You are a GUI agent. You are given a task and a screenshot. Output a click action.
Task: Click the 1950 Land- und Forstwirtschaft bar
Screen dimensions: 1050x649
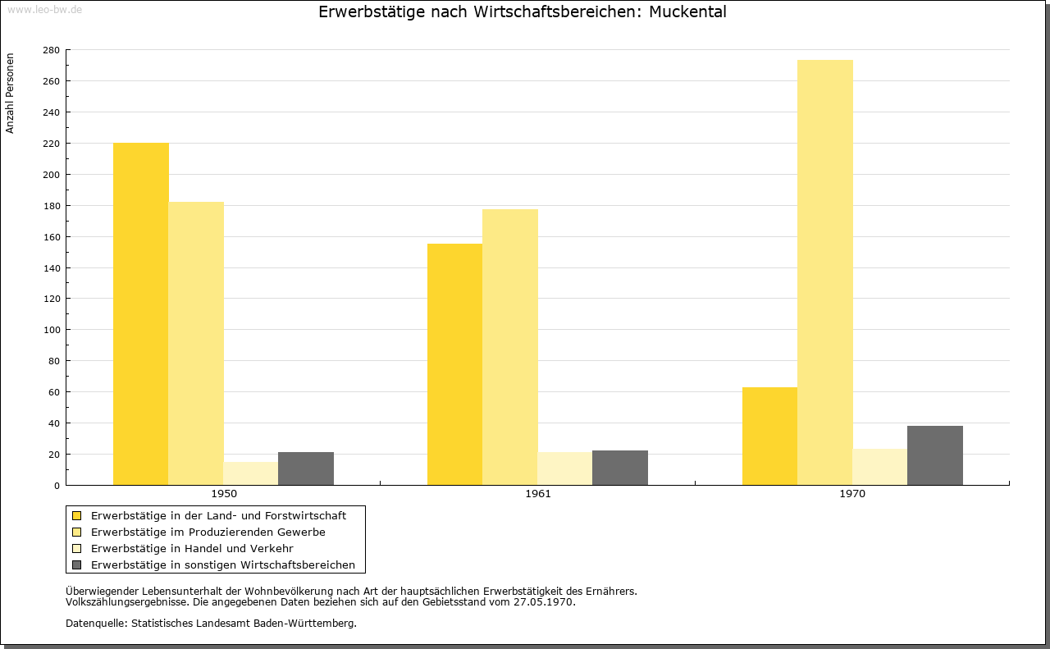140,313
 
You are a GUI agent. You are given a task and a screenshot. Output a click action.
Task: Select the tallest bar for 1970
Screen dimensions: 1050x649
825,272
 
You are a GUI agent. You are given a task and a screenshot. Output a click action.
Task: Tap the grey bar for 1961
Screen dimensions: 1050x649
620,468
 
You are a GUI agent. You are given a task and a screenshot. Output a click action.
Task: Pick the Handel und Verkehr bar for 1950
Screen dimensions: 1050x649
251,473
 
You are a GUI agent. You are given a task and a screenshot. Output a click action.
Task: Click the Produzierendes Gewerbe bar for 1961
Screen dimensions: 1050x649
510,347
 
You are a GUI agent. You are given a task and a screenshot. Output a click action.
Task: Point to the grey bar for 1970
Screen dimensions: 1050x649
934,455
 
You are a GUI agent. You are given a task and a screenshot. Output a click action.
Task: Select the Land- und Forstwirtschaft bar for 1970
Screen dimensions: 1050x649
769,436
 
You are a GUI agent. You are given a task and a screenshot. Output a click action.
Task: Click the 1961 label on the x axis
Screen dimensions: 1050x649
538,494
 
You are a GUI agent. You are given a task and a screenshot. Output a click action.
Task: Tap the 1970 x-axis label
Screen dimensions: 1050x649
852,494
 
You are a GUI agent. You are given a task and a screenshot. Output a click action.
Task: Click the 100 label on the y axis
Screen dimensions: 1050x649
51,330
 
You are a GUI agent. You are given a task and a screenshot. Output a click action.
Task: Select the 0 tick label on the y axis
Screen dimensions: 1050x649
57,486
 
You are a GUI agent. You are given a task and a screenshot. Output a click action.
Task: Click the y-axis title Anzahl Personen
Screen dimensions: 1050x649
10,94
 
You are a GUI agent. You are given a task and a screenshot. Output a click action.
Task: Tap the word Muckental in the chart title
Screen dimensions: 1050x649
687,11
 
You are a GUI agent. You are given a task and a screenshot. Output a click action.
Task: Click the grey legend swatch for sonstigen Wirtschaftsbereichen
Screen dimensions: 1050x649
76,564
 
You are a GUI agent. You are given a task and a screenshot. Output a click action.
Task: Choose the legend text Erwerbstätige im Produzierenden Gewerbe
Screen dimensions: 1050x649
208,532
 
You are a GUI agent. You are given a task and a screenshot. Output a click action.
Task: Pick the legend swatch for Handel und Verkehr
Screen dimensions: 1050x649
76,548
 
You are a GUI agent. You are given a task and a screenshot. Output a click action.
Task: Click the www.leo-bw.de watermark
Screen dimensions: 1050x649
44,9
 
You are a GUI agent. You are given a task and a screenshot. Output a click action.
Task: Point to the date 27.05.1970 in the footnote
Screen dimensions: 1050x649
543,602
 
